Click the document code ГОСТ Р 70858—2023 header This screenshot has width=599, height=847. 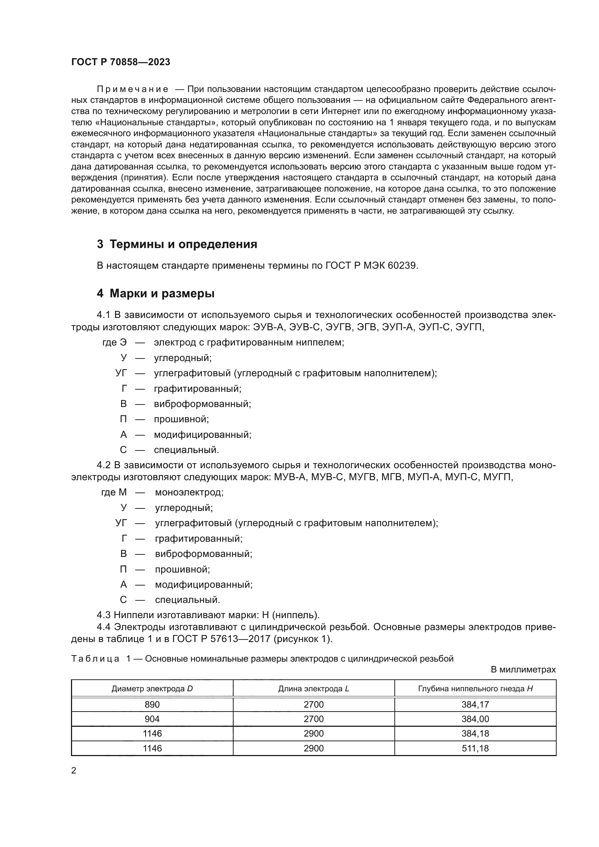point(121,62)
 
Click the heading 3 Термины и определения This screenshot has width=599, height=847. point(177,244)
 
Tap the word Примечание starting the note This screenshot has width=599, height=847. point(133,89)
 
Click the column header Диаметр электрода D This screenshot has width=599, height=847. point(152,688)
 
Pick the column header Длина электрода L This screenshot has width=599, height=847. point(314,688)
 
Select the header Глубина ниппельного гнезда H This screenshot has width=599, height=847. point(475,688)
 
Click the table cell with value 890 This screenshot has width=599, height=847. point(152,705)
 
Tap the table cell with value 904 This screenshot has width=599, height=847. point(152,719)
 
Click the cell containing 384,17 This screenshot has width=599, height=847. point(475,705)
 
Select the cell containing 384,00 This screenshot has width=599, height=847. point(475,719)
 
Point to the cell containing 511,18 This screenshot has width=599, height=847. point(475,748)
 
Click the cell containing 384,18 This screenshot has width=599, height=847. point(475,733)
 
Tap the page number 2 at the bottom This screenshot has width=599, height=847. point(74,771)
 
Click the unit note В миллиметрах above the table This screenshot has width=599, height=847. point(523,670)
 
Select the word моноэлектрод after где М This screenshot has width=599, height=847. point(189,492)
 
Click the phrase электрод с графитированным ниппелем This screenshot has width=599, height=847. point(249,342)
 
